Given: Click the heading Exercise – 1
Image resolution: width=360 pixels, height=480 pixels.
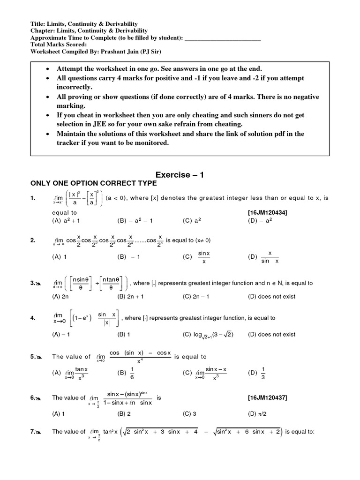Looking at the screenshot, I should pyautogui.click(x=180, y=175).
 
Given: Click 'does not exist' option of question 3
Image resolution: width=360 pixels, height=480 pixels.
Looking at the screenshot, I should pyautogui.click(x=271, y=296).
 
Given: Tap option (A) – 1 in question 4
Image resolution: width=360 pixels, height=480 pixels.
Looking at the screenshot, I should pyautogui.click(x=61, y=334).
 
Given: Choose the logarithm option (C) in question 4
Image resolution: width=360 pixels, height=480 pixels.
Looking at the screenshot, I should pyautogui.click(x=208, y=334).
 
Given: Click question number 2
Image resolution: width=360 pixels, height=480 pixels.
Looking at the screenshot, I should pyautogui.click(x=33, y=240).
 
